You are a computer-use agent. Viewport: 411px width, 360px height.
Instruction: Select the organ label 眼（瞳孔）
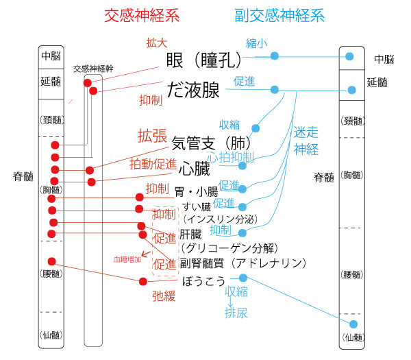pos(203,61)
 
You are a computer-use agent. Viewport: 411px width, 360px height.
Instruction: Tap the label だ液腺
pos(194,89)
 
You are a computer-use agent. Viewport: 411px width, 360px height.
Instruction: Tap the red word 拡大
pos(156,43)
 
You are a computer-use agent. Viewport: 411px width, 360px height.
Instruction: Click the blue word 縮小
pos(256,43)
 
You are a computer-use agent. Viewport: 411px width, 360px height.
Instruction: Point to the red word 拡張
pos(152,135)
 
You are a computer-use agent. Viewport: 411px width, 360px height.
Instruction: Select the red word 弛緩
pos(162,296)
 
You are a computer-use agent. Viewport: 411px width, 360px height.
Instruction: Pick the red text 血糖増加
pos(128,259)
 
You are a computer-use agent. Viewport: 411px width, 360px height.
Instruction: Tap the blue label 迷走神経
pos(306,140)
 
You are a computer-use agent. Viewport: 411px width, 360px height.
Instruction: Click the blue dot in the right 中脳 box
pos(350,57)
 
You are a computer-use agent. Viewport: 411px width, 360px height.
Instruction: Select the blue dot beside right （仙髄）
pos(353,324)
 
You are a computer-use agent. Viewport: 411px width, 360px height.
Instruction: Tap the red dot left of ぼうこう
pos(143,281)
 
